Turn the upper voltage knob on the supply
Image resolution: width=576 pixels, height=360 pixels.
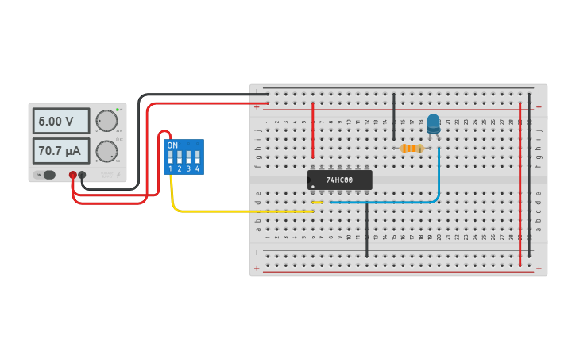(106, 121)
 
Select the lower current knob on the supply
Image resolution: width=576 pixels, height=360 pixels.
(106, 151)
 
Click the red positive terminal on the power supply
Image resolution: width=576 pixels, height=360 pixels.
(72, 175)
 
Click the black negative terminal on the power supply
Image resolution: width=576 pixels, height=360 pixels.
(82, 175)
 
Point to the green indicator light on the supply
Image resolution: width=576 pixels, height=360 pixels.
(118, 109)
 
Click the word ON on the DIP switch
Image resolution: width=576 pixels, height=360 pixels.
(172, 145)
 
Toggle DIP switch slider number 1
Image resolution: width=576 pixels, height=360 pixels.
(171, 157)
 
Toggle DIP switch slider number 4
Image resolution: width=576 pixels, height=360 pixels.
(197, 157)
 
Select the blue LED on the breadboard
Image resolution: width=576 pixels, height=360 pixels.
(433, 123)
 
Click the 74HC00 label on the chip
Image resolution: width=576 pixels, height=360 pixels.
(340, 180)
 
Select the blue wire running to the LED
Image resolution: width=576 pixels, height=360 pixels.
(397, 203)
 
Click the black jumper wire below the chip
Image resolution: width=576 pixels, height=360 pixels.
(367, 230)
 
